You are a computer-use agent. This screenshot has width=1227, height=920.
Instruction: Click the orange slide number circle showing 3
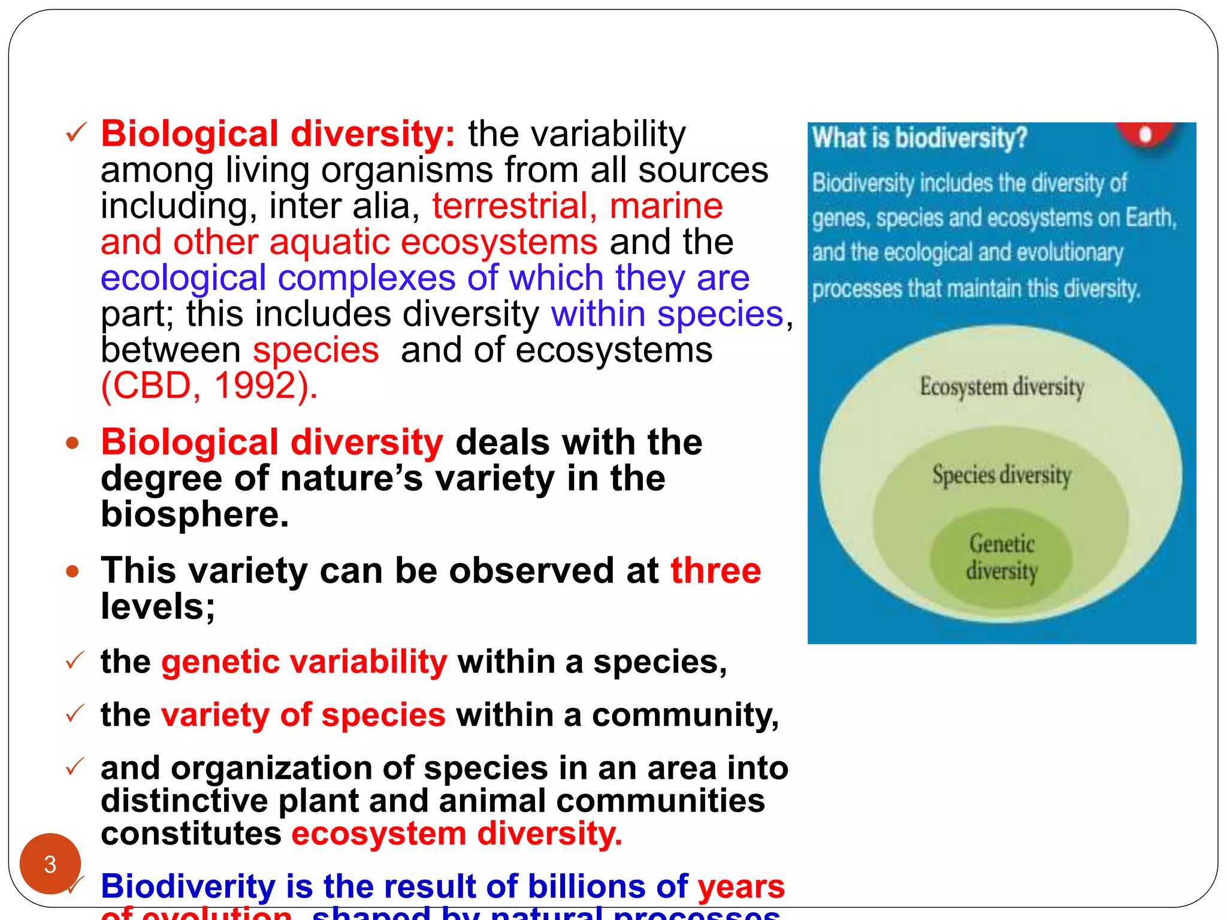pyautogui.click(x=50, y=864)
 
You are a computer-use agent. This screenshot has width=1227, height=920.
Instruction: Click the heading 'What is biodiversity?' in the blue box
pyautogui.click(x=919, y=138)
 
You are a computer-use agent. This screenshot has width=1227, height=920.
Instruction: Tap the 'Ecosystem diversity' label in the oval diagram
pyautogui.click(x=1002, y=386)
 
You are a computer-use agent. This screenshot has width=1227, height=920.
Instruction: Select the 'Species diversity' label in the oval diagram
pyautogui.click(x=1001, y=475)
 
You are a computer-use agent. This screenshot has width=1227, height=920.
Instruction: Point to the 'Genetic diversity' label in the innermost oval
pyautogui.click(x=1001, y=557)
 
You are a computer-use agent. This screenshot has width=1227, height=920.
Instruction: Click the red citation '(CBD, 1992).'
pyautogui.click(x=209, y=386)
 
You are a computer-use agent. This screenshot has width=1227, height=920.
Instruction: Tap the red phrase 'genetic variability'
pyautogui.click(x=304, y=662)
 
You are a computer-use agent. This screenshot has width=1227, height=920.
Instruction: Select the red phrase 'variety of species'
pyautogui.click(x=303, y=715)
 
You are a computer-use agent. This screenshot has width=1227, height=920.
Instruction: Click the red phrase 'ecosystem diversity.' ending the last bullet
pyautogui.click(x=457, y=834)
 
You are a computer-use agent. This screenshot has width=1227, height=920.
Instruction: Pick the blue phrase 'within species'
pyautogui.click(x=667, y=314)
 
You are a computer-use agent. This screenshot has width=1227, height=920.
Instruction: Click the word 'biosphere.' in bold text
pyautogui.click(x=195, y=514)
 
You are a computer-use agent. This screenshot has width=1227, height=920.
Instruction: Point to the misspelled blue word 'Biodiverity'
pyautogui.click(x=188, y=886)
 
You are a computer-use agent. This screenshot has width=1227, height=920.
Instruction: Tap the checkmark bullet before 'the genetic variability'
pyautogui.click(x=75, y=661)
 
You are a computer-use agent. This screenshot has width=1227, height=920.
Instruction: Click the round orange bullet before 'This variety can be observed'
pyautogui.click(x=72, y=571)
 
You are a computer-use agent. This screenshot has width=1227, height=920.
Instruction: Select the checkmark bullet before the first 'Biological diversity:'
pyautogui.click(x=76, y=132)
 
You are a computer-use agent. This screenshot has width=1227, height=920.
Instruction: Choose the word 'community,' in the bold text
pyautogui.click(x=685, y=715)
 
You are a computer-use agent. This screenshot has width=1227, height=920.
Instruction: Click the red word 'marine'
pyautogui.click(x=666, y=206)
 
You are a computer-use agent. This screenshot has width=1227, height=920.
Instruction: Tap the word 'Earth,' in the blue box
pyautogui.click(x=1150, y=218)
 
